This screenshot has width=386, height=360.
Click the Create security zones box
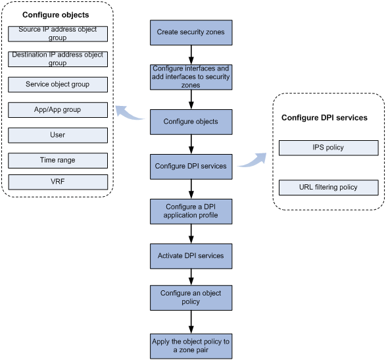click(x=191, y=32)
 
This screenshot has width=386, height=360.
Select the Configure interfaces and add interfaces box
click(x=191, y=77)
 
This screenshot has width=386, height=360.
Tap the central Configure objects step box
click(x=191, y=122)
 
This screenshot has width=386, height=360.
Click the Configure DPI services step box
click(x=191, y=167)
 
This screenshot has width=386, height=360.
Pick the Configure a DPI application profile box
click(x=191, y=211)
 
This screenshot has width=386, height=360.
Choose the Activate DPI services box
click(x=191, y=256)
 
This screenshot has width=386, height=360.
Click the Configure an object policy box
click(x=191, y=297)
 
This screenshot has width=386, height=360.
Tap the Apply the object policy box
click(x=191, y=346)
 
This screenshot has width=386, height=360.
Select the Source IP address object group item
click(x=58, y=34)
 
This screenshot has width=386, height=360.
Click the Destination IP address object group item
click(x=58, y=59)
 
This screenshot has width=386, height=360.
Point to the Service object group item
click(x=58, y=84)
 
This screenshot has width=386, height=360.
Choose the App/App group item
click(x=58, y=110)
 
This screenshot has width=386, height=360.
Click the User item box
click(x=58, y=136)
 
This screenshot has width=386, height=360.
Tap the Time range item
click(x=58, y=161)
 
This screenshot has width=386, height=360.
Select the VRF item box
click(x=58, y=182)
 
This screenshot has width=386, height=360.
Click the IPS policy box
click(x=329, y=148)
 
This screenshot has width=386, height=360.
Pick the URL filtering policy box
click(x=329, y=188)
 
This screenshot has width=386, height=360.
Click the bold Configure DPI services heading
click(x=324, y=118)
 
